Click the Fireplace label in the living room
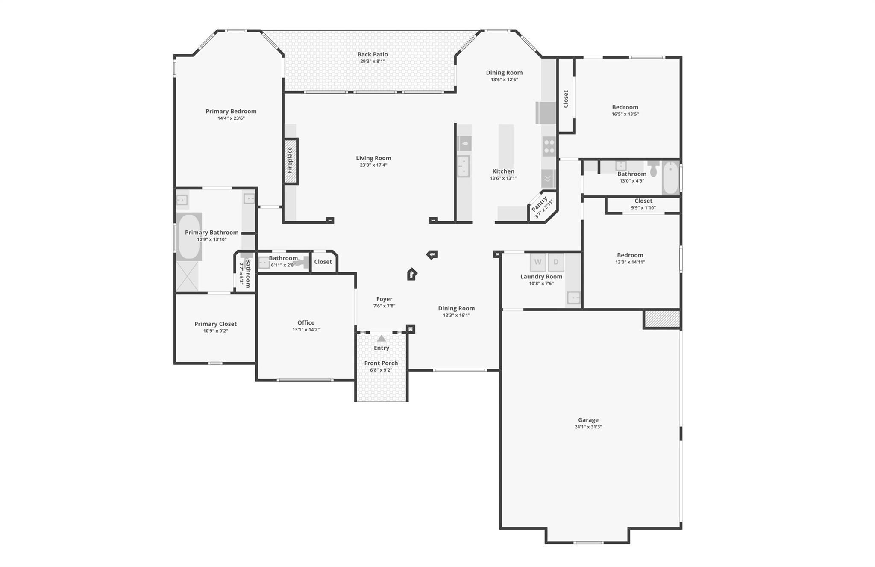point(290,160)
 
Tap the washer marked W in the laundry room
point(538,262)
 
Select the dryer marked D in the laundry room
point(556,262)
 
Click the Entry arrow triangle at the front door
point(382,338)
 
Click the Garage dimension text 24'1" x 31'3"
point(588,427)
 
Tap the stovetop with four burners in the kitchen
point(549,146)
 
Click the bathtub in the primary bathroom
point(188,236)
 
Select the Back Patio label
point(373,54)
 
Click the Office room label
point(306,322)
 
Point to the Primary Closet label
point(215,324)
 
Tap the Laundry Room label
point(541,276)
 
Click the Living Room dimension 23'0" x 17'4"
point(373,165)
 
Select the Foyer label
point(384,299)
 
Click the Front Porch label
point(381,363)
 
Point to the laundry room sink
point(573,297)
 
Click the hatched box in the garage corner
point(662,319)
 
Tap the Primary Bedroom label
point(231,111)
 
